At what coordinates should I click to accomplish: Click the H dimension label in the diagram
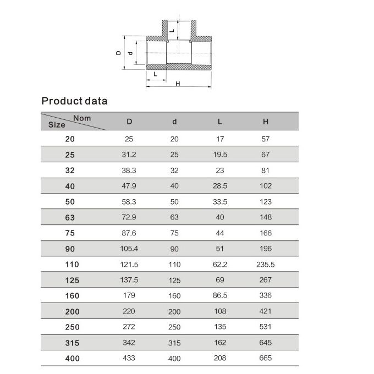tap(178, 84)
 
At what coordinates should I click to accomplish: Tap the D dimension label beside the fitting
tap(118, 53)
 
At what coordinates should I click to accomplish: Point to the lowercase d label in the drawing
tap(130, 53)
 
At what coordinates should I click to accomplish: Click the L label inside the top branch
tap(172, 31)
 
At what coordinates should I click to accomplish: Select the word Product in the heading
tap(62, 101)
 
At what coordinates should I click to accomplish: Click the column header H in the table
tap(266, 122)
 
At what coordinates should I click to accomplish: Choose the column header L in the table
tap(219, 122)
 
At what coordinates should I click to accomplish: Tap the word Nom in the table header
tap(82, 118)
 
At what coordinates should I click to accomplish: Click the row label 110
tap(72, 265)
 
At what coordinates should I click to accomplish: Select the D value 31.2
tap(129, 155)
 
